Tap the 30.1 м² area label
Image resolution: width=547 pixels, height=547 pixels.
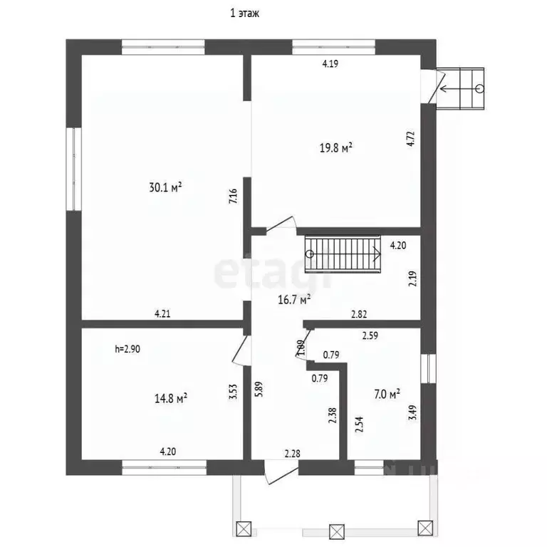pyautogui.click(x=166, y=188)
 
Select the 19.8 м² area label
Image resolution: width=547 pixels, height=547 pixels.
pyautogui.click(x=336, y=148)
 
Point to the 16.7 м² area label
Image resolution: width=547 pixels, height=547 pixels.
pyautogui.click(x=293, y=301)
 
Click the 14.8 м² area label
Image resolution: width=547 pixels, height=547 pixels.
pyautogui.click(x=170, y=398)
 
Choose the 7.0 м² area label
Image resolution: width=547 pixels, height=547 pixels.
pyautogui.click(x=386, y=392)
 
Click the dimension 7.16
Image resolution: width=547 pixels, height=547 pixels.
pyautogui.click(x=232, y=197)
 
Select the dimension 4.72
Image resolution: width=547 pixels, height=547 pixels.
pyautogui.click(x=410, y=137)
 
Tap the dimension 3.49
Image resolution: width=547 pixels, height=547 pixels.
pyautogui.click(x=411, y=414)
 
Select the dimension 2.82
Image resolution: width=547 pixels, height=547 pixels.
pyautogui.click(x=359, y=313)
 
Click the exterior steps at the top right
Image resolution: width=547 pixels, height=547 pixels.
pyautogui.click(x=464, y=89)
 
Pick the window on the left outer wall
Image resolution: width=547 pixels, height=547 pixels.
pyautogui.click(x=73, y=169)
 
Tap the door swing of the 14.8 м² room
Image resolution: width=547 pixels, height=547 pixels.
pyautogui.click(x=240, y=349)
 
